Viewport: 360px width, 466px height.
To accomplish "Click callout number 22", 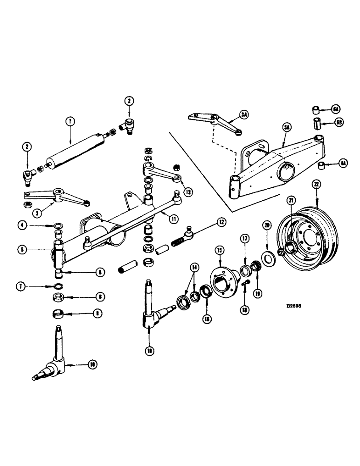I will [317, 185].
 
